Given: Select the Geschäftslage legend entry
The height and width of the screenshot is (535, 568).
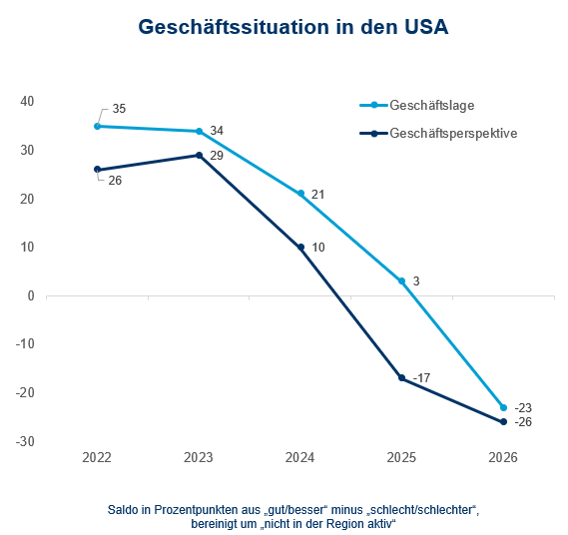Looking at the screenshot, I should click(428, 105).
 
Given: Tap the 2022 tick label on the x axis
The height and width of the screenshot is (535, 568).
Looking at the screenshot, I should click(97, 458).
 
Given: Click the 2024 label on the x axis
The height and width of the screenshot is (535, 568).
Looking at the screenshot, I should click(300, 458).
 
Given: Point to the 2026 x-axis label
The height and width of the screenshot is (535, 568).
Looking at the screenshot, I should click(503, 458).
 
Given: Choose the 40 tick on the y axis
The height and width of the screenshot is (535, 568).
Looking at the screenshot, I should click(27, 102).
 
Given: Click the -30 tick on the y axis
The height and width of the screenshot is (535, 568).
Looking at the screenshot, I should click(25, 442).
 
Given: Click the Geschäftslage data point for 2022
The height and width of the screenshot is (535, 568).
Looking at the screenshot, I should click(97, 126).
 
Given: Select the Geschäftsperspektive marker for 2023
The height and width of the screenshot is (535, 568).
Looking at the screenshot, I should click(199, 155).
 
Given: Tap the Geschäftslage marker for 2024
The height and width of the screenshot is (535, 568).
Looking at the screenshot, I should click(300, 194).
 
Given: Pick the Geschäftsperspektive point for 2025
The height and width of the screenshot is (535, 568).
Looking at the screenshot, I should click(402, 378).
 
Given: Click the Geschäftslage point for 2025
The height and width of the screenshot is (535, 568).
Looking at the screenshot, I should click(402, 281).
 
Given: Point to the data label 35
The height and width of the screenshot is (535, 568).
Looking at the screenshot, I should click(120, 108).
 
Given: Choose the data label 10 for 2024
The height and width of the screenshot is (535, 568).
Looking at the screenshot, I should click(318, 248).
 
